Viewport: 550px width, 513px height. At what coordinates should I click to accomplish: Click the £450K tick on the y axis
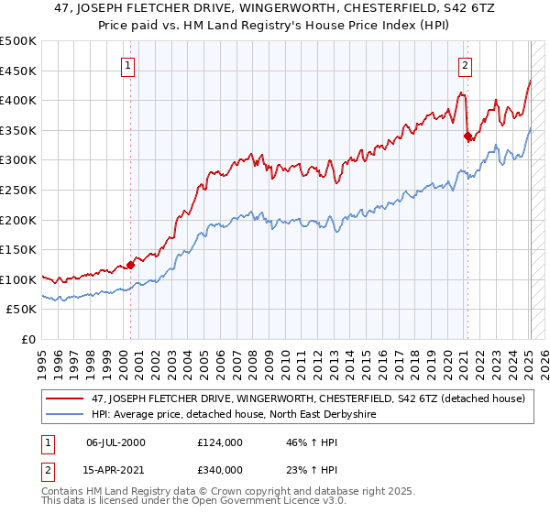(x=19, y=71)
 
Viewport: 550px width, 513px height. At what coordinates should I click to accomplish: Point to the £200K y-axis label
(x=19, y=220)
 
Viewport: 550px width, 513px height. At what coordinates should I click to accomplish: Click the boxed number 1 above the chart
(x=128, y=65)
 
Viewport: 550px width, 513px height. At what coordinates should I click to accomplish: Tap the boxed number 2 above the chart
(x=466, y=65)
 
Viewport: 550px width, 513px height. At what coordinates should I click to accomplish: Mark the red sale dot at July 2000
(x=130, y=266)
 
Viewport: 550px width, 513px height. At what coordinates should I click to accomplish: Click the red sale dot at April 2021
(x=467, y=136)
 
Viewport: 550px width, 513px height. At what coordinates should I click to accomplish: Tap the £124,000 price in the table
(x=219, y=442)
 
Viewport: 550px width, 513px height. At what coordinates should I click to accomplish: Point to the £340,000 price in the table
(x=219, y=470)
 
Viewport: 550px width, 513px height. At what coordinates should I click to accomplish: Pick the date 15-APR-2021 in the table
(x=114, y=470)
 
